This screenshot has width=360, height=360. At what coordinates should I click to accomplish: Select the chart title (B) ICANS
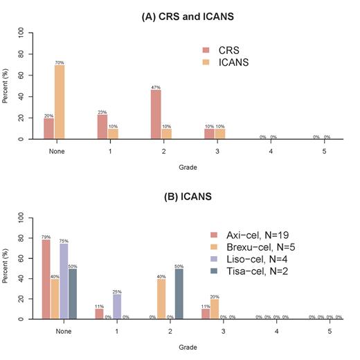pos(179,197)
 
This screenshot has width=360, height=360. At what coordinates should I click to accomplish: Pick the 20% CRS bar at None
pos(48,128)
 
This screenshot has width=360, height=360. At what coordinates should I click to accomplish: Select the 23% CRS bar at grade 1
pos(102,127)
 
